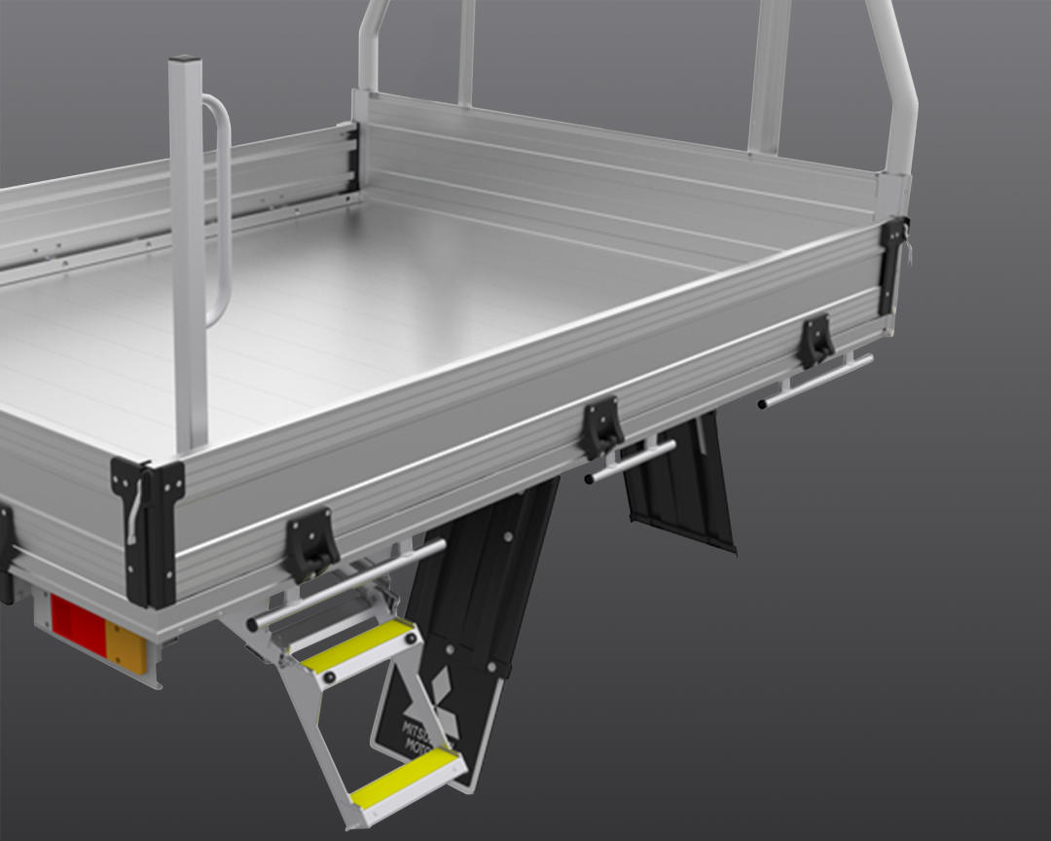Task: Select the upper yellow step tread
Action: click(357, 644)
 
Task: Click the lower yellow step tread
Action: click(404, 778)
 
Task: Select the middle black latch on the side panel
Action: click(602, 427)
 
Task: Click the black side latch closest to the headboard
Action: click(815, 340)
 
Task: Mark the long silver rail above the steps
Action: click(345, 584)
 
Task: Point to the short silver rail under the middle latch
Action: click(630, 461)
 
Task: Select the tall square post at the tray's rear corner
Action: click(189, 253)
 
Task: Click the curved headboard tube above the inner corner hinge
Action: click(372, 44)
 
